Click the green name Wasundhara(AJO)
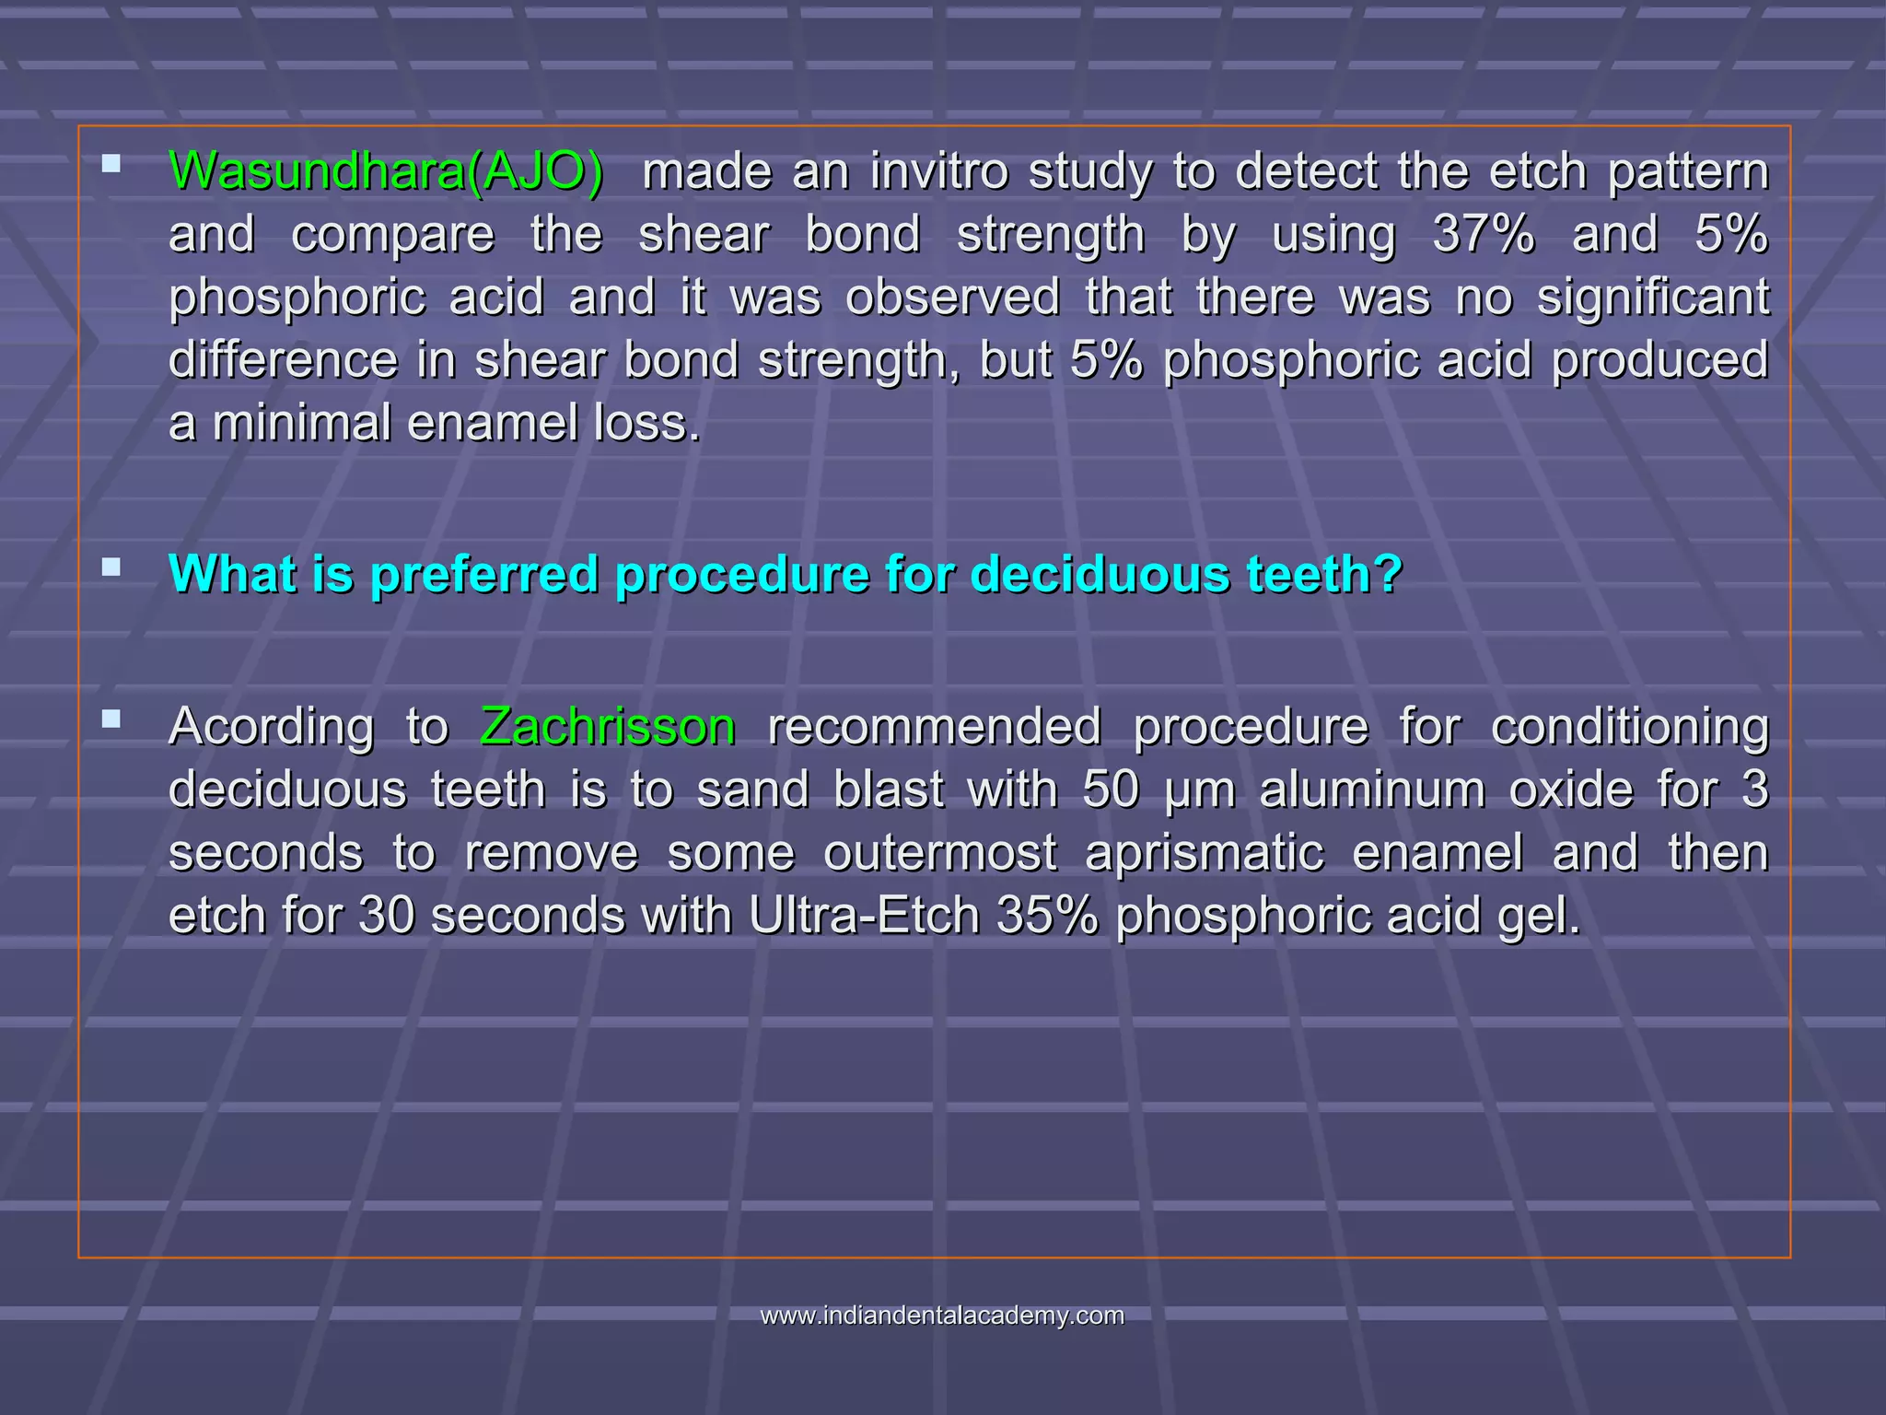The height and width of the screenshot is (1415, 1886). [387, 171]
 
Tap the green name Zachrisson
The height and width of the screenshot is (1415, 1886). [608, 727]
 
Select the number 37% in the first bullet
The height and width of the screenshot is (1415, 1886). [1484, 234]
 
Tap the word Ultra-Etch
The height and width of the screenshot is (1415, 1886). [864, 915]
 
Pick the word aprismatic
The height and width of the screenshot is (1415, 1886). [1205, 852]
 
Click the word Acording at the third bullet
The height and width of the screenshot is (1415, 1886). [272, 727]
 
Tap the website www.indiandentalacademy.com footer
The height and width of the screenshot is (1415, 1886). [942, 1316]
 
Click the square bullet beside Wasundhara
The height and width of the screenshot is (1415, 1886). [111, 164]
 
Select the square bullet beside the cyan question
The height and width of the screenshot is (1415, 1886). [111, 567]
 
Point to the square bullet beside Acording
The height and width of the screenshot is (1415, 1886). [111, 719]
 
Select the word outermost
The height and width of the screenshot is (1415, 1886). [939, 852]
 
